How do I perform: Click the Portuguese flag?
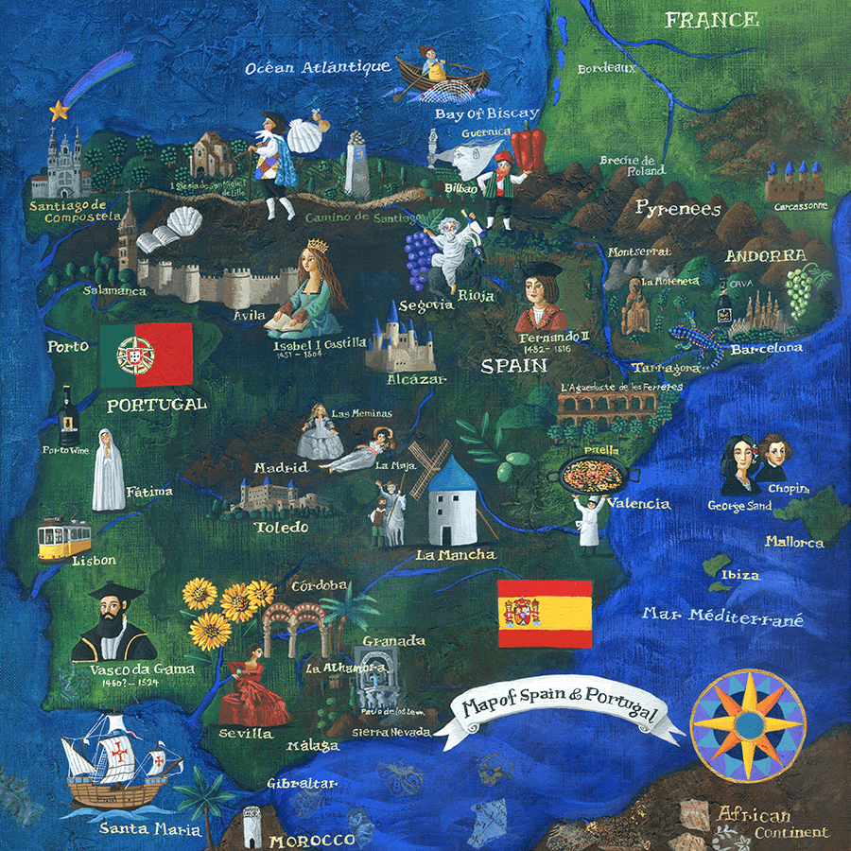click(x=146, y=355)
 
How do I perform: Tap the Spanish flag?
click(x=545, y=614)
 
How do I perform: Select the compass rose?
click(x=748, y=725)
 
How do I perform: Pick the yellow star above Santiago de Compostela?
click(x=60, y=111)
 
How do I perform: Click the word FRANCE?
click(x=711, y=20)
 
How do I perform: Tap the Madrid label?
click(x=281, y=468)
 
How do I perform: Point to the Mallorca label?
click(x=794, y=543)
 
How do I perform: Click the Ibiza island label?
click(x=740, y=577)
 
